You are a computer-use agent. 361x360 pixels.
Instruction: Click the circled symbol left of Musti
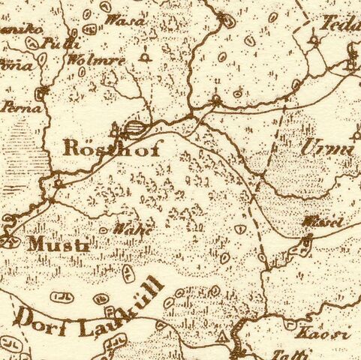tap(9, 241)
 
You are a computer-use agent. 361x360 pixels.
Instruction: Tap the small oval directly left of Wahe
tap(103, 230)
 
